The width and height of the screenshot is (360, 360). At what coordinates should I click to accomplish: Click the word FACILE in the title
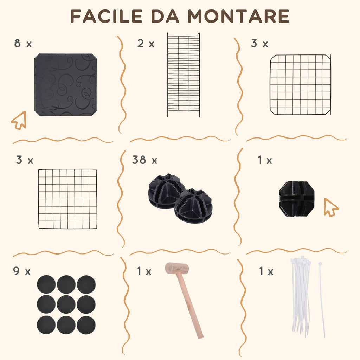point(107,16)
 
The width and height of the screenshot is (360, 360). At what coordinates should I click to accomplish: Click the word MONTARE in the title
point(238,16)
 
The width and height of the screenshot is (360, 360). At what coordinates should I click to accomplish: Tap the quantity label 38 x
point(144,160)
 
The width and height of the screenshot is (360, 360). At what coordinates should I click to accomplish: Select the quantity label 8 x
point(23,43)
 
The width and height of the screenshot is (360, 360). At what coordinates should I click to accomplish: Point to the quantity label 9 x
point(22,271)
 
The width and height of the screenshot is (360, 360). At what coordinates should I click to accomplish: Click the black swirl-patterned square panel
point(65,85)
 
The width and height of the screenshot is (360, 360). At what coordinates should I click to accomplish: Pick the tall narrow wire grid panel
point(184,75)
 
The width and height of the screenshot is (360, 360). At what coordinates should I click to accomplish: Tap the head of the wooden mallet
point(177,268)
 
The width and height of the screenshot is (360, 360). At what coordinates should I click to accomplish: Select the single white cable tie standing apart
point(321,300)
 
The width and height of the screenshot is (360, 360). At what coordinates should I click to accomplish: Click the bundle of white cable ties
point(301,296)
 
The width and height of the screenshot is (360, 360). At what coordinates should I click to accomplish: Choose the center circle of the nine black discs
point(66,304)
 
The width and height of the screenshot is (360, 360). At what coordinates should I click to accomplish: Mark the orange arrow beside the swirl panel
point(19,121)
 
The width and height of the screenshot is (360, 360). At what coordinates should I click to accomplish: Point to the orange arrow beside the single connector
point(330,207)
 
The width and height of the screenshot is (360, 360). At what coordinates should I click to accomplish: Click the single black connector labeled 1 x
point(296,199)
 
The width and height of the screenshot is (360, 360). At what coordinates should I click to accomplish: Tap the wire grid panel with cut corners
point(300,85)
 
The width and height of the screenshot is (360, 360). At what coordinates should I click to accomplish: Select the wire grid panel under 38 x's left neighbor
point(67,199)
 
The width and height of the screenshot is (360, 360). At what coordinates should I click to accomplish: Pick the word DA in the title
point(165,16)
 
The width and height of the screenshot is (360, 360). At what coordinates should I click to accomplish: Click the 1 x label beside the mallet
point(144,271)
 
